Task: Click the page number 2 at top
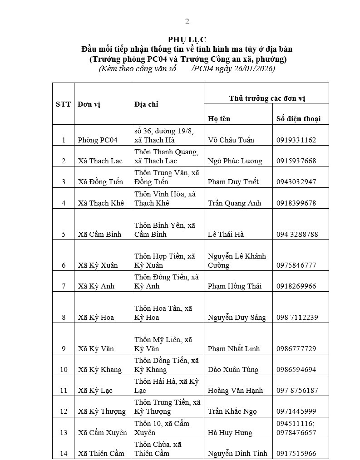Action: [187, 21]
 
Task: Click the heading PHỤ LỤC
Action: [187, 40]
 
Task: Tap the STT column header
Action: [63, 104]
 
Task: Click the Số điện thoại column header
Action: [298, 118]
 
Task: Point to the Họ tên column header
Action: [219, 118]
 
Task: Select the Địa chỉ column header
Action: [147, 104]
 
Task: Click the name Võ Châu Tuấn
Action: [231, 140]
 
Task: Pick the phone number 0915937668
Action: [296, 161]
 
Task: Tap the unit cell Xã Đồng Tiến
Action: [100, 181]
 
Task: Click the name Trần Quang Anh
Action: [234, 203]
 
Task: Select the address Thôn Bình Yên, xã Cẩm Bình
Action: [165, 230]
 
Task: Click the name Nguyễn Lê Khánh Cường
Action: [237, 260]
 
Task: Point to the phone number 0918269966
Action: [296, 286]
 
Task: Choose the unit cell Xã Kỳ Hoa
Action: [96, 317]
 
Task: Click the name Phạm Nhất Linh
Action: [234, 348]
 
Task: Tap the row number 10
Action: [64, 369]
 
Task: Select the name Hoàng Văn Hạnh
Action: [235, 390]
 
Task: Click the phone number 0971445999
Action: [296, 411]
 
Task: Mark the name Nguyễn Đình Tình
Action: [237, 453]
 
